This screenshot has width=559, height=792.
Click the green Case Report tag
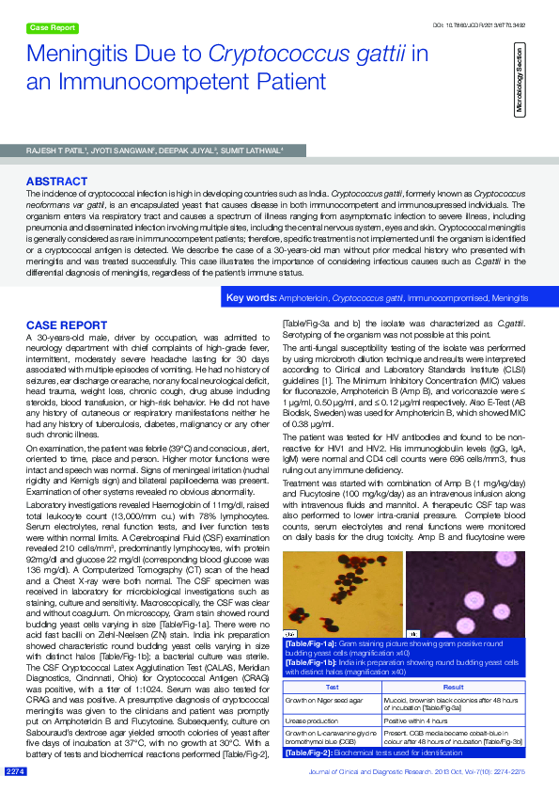52,28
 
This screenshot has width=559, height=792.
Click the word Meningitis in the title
85,58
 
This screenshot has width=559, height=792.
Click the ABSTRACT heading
57,181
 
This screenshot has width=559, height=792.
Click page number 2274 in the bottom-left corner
16,771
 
